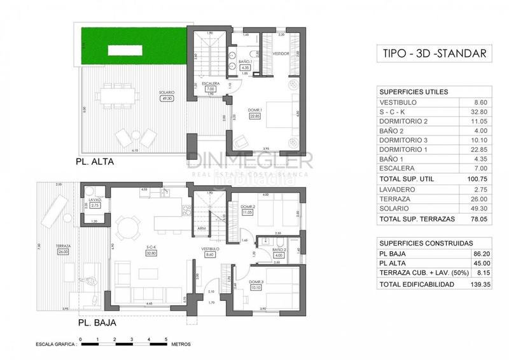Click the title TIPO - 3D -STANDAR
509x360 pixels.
pos(434,53)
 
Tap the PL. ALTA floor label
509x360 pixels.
pos(95,162)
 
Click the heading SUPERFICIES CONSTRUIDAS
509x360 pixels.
pos(426,243)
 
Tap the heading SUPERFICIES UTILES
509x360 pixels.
pos(413,92)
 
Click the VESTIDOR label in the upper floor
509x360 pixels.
pos(282,53)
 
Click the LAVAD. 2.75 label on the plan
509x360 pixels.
pos(95,204)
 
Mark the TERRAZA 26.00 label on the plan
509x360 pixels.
pos(62,249)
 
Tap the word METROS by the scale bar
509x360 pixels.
pos(181,343)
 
